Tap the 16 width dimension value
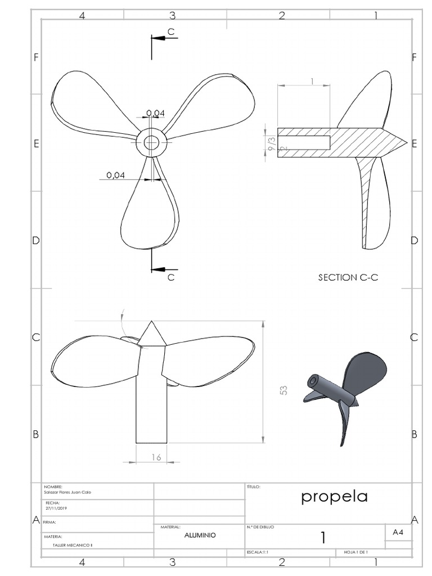(x=156, y=458)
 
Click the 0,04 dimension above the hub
(x=155, y=114)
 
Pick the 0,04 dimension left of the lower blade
(x=115, y=175)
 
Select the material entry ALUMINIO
(x=200, y=535)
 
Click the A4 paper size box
(x=398, y=532)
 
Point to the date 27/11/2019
(x=56, y=507)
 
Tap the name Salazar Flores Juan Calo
(x=67, y=492)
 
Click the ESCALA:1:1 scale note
(x=258, y=552)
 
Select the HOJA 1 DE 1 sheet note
(x=355, y=552)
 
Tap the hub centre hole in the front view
(x=151, y=143)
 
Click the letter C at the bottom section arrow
(x=171, y=277)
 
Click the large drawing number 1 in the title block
(x=323, y=538)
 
